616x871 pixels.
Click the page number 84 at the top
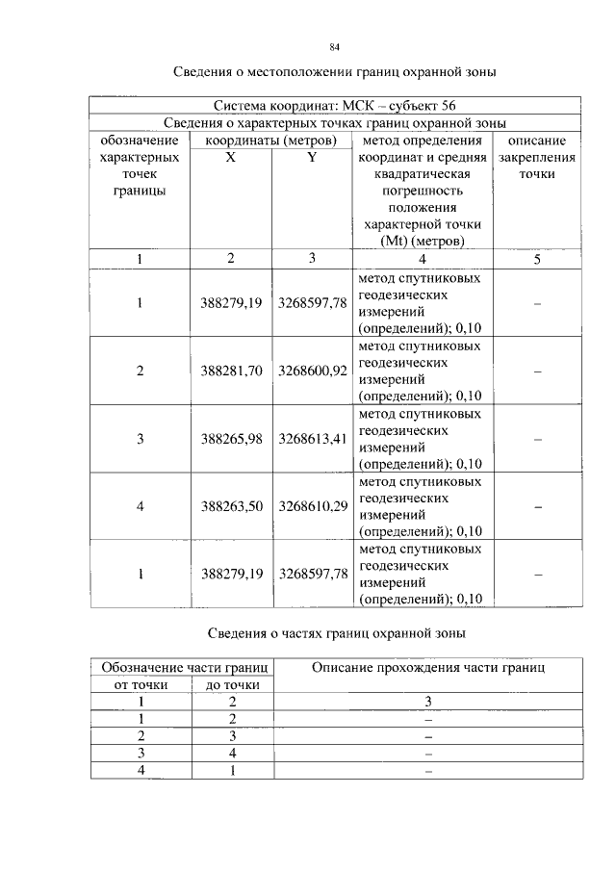[x=335, y=47]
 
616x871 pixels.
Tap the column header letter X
[x=231, y=157]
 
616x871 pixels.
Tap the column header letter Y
[x=312, y=157]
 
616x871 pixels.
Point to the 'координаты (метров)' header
[x=270, y=141]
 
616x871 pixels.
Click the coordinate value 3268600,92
[x=312, y=371]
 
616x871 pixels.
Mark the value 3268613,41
[x=312, y=439]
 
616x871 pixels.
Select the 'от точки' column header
[x=141, y=684]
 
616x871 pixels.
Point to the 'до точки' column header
[x=232, y=684]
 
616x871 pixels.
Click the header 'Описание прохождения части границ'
[x=429, y=667]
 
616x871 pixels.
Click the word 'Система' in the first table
[x=246, y=105]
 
